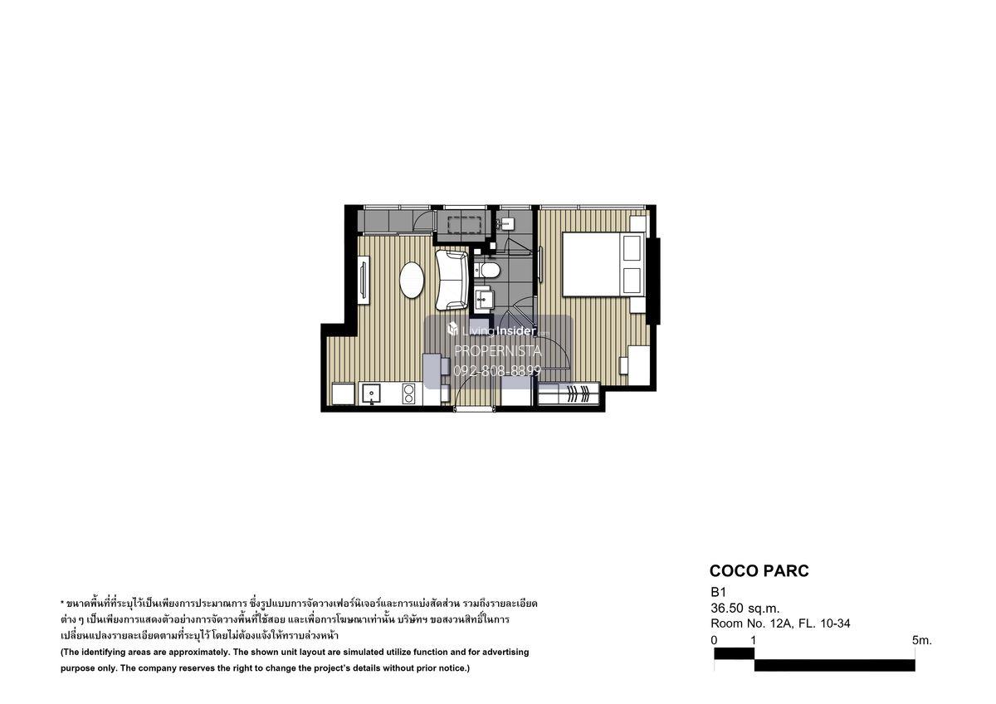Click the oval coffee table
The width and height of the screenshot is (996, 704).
tap(412, 280)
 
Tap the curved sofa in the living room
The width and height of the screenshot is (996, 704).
tap(452, 280)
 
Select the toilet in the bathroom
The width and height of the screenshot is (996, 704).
tap(486, 270)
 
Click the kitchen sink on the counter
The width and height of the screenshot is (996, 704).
tap(371, 394)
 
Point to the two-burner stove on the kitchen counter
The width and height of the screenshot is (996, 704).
tap(408, 394)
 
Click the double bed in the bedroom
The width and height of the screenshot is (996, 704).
tap(603, 264)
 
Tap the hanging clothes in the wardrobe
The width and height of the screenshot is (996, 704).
tap(577, 394)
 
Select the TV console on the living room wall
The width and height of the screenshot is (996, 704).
tap(364, 280)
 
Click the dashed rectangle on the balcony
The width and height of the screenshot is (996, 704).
tap(465, 225)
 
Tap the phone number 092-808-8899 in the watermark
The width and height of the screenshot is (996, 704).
tap(497, 370)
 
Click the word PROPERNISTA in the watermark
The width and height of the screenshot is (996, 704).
tap(497, 351)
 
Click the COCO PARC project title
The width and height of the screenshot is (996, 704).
tap(759, 570)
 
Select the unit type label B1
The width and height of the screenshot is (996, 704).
tap(718, 592)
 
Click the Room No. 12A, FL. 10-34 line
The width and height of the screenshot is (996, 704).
tap(780, 623)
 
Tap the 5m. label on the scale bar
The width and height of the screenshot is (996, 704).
tap(922, 640)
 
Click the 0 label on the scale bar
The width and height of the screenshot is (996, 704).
tap(714, 640)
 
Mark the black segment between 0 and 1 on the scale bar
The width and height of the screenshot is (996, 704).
tap(734, 653)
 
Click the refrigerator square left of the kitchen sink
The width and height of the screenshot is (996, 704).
tap(343, 394)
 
